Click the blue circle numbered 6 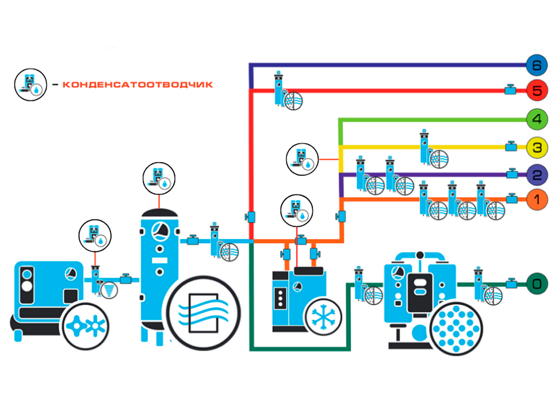(x=536, y=65)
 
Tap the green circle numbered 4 (x=536, y=119)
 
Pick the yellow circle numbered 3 (x=536, y=148)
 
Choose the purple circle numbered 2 (x=536, y=174)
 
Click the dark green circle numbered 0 (x=536, y=284)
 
